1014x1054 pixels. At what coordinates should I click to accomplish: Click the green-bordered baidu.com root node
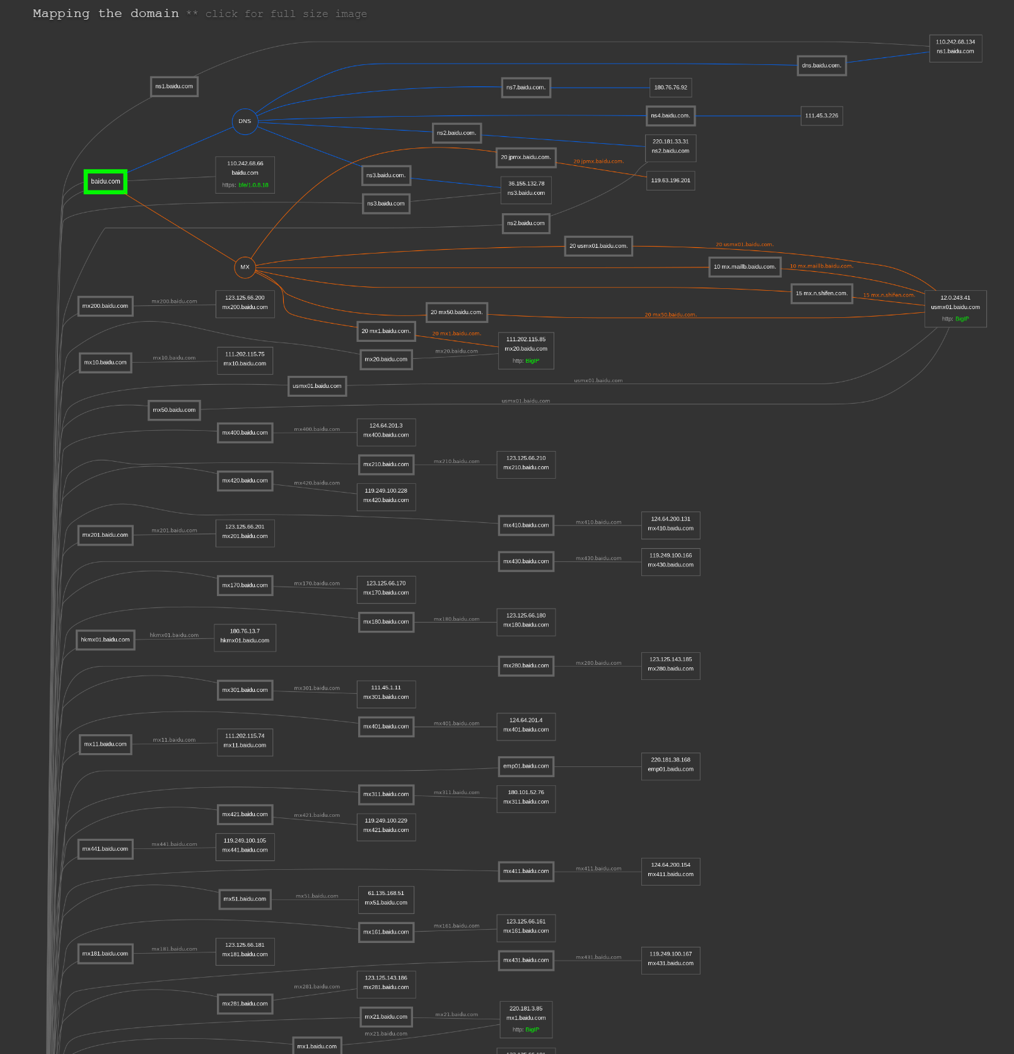click(105, 182)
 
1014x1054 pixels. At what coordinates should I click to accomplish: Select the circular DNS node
click(245, 121)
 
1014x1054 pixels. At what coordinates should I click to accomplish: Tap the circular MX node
click(245, 267)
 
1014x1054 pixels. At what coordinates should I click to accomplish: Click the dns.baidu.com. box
click(821, 66)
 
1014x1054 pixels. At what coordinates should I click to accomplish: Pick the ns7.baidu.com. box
click(525, 88)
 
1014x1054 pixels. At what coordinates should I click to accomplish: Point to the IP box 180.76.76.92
click(670, 88)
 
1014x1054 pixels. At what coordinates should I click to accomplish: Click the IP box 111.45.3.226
click(821, 116)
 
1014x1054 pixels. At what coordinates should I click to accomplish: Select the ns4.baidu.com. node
click(670, 116)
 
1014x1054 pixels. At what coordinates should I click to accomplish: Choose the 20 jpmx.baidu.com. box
click(525, 157)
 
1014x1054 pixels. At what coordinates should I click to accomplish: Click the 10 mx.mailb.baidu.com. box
click(744, 267)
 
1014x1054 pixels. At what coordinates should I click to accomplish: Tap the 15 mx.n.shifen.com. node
click(821, 293)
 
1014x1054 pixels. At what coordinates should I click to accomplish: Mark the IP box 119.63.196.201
click(670, 180)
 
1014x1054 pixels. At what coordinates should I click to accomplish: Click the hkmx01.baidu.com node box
click(105, 640)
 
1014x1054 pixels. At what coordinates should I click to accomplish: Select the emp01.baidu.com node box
click(525, 766)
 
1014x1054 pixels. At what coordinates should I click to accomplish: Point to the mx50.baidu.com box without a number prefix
click(174, 410)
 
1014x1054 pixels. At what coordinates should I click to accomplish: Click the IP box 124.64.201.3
click(386, 431)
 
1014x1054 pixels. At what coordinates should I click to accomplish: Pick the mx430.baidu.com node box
click(525, 561)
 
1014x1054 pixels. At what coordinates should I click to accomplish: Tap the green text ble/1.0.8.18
click(253, 185)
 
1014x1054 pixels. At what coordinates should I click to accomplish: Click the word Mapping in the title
click(61, 14)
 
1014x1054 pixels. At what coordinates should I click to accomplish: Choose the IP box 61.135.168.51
click(386, 898)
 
